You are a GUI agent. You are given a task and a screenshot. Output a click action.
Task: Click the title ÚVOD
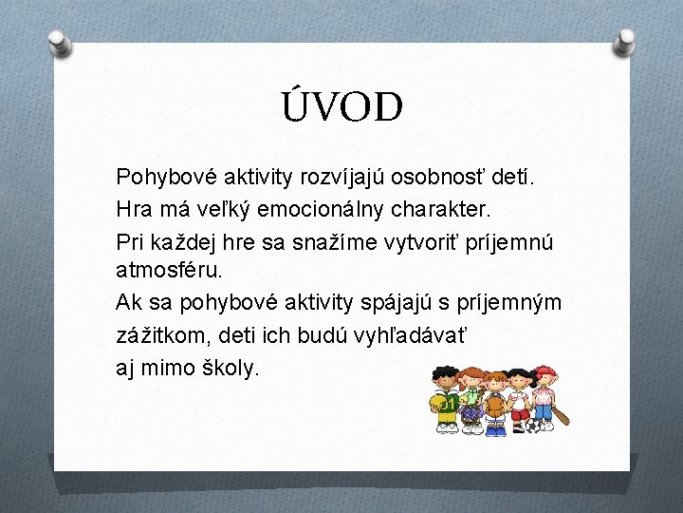pyautogui.click(x=341, y=108)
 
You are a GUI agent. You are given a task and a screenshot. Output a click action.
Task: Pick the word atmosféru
pyautogui.click(x=169, y=270)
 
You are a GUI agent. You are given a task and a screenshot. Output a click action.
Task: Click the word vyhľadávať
pyautogui.click(x=417, y=334)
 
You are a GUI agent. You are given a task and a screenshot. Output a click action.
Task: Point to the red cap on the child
pyautogui.click(x=545, y=370)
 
